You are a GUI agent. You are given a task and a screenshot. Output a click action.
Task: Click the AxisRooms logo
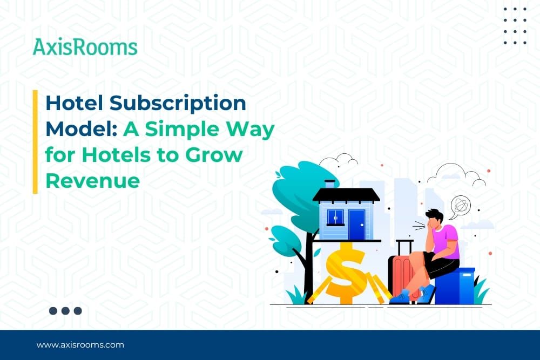[x=85, y=47]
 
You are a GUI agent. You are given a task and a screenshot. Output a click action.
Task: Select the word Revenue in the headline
[x=92, y=181]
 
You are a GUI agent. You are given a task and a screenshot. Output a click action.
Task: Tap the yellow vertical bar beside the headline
[x=35, y=142]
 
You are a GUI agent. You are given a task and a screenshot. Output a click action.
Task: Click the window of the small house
[x=335, y=217]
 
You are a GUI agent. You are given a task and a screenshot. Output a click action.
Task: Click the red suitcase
[x=400, y=275]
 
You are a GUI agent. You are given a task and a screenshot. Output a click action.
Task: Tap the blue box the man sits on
[x=455, y=287]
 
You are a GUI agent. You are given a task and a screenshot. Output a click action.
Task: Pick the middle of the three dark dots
[x=65, y=311]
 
